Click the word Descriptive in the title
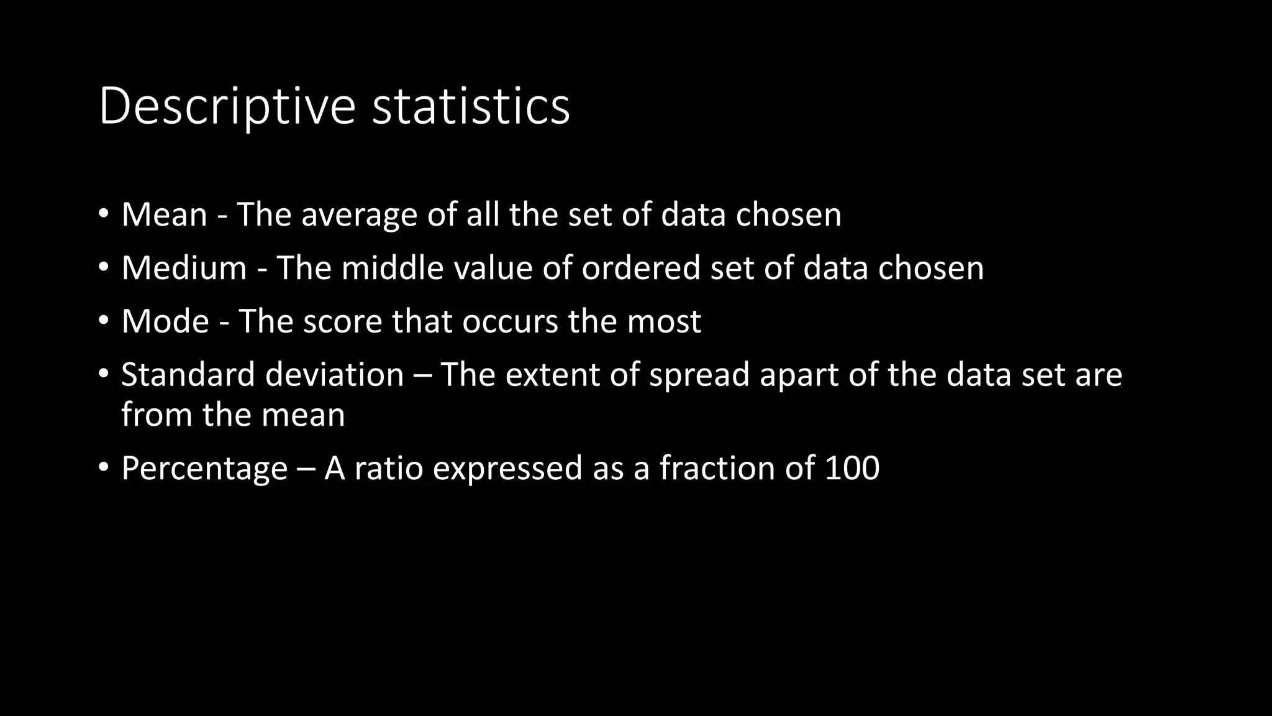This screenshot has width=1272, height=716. [x=227, y=107]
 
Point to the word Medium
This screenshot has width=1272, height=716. [x=184, y=268]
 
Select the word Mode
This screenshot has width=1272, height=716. [x=165, y=321]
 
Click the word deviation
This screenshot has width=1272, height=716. [x=335, y=375]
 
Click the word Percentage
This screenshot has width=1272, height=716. [x=204, y=469]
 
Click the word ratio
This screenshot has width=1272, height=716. [x=388, y=468]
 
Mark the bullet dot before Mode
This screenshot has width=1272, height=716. [x=104, y=321]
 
